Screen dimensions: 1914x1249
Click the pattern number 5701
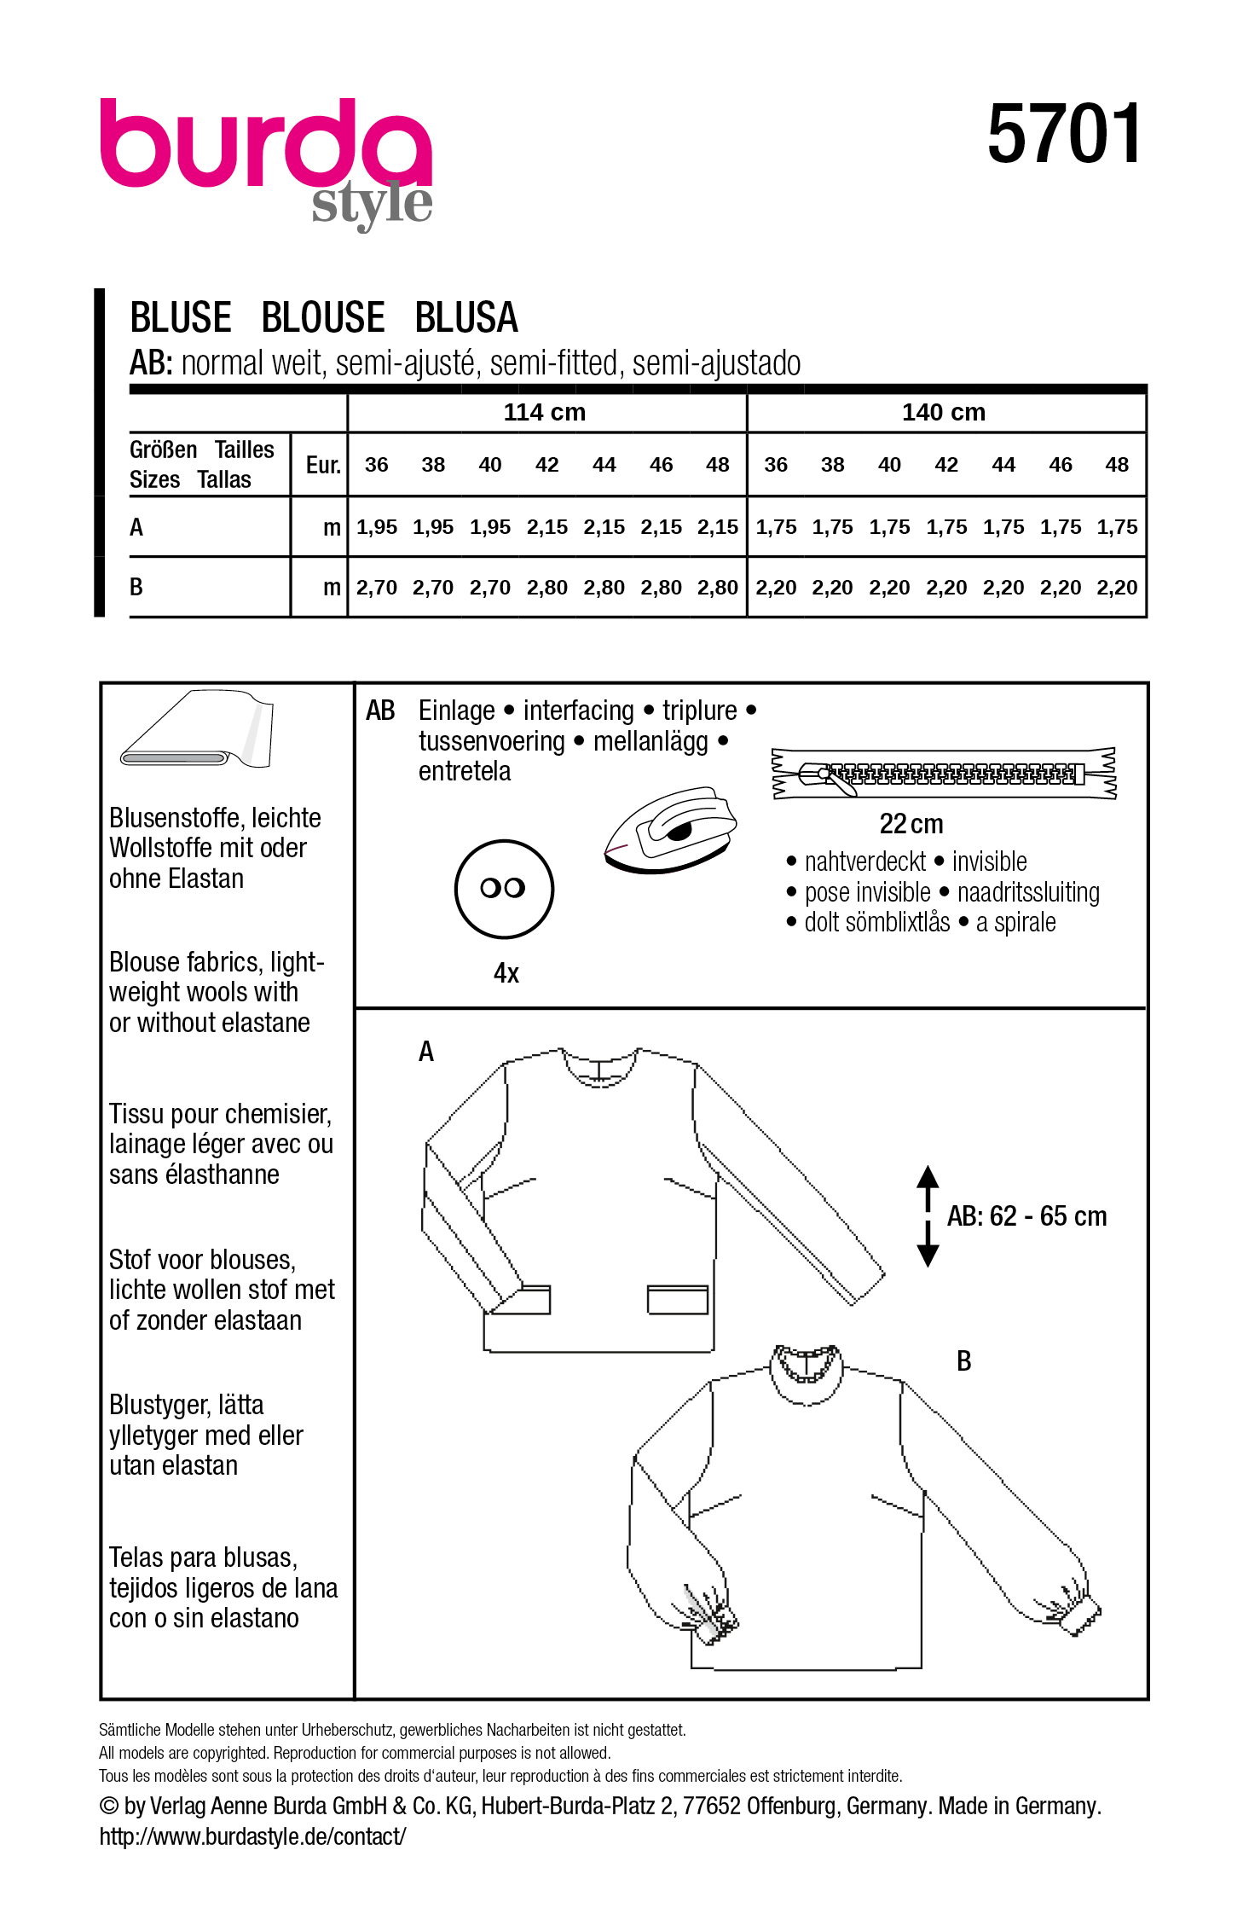click(x=1063, y=134)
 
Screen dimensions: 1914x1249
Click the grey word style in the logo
click(x=372, y=205)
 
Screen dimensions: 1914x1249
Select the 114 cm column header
click(x=545, y=413)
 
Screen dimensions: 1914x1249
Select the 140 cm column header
click(x=944, y=413)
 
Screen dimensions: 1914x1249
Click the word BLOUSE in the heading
click(x=323, y=318)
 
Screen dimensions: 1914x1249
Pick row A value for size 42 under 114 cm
click(x=546, y=527)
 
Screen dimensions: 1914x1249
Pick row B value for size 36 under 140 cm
click(x=775, y=588)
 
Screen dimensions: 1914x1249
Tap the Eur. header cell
click(x=322, y=465)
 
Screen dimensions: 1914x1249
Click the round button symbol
click(x=504, y=889)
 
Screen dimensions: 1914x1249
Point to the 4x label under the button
click(x=506, y=973)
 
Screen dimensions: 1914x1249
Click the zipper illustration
click(x=943, y=774)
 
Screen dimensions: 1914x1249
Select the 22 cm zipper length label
click(x=911, y=824)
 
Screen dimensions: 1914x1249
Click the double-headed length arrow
click(x=928, y=1215)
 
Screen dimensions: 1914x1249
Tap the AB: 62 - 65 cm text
click(x=1026, y=1216)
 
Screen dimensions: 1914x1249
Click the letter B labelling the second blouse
click(x=963, y=1361)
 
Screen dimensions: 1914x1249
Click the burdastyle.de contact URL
click(x=252, y=1836)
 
